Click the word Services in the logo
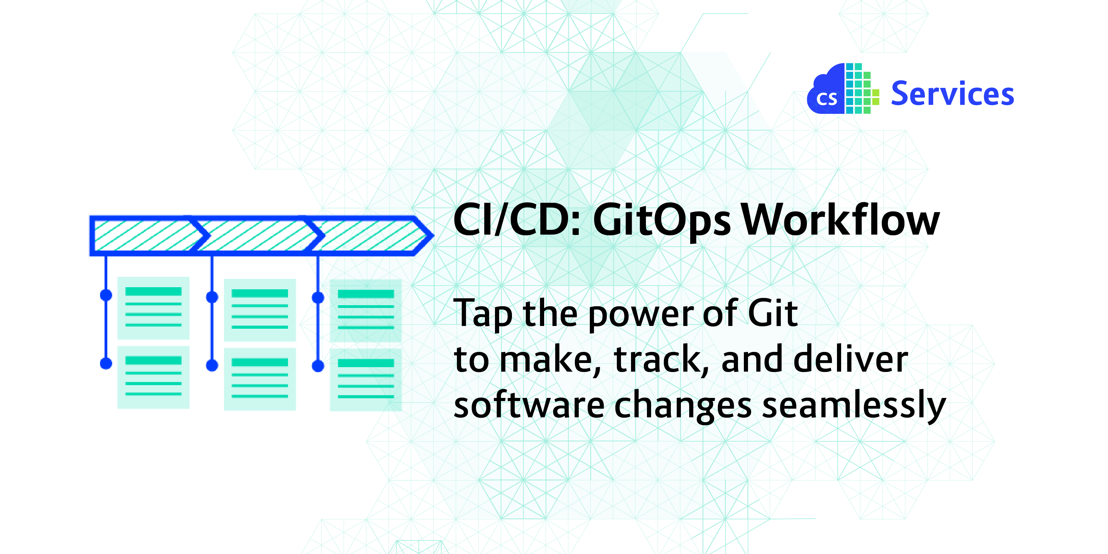pos(952,93)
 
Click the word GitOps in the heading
pos(661,221)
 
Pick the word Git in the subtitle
pos(773,313)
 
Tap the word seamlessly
pos(854,406)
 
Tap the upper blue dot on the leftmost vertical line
pos(106,295)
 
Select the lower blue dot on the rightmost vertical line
pos(318,366)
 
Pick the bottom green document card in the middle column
pos(260,379)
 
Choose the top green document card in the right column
pos(366,310)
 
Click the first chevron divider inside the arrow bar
pos(200,235)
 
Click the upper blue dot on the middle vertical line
pos(212,297)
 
